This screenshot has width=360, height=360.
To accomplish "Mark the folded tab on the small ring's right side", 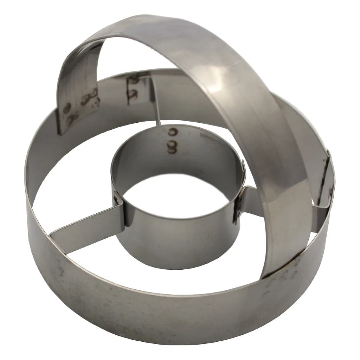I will pos(239,204).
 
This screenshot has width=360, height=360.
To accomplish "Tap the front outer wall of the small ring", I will pos(179,243).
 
